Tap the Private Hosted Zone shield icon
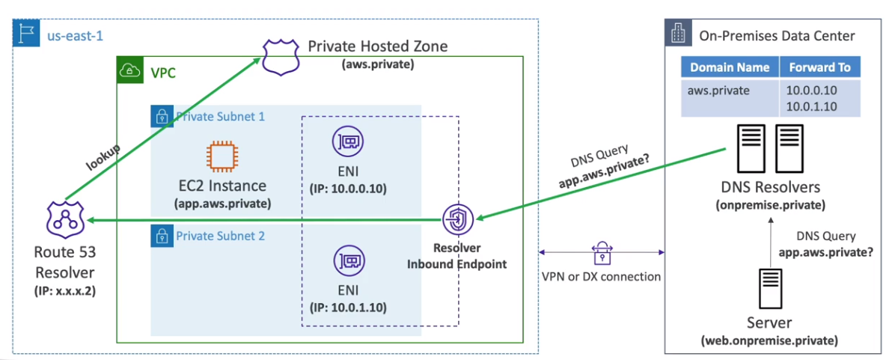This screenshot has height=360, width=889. (x=278, y=56)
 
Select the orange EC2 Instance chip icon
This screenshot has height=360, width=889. (x=220, y=156)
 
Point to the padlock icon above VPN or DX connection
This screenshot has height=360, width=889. (x=602, y=252)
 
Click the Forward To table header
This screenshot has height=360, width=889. (x=820, y=67)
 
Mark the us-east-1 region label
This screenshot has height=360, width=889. (x=74, y=35)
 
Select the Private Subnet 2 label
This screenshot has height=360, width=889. (x=220, y=236)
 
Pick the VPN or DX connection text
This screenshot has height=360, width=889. (x=601, y=276)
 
